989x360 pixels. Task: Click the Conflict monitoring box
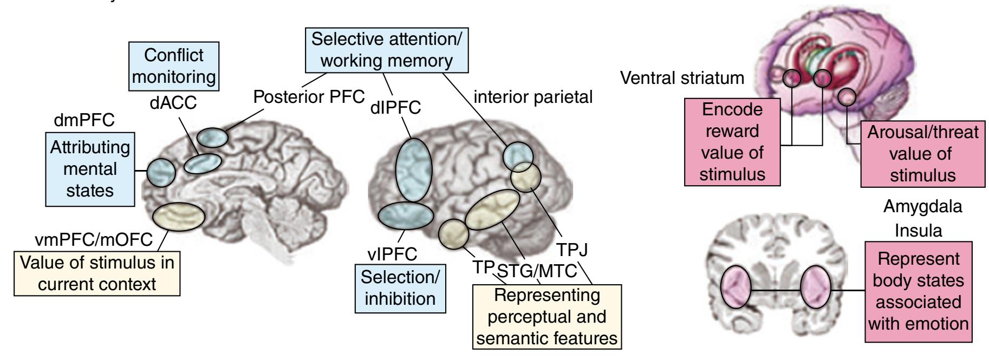tap(174, 66)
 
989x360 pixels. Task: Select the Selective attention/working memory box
tap(390, 50)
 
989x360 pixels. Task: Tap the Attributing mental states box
tap(89, 169)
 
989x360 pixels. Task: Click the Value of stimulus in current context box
tap(97, 273)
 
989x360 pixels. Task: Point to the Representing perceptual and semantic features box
tap(546, 317)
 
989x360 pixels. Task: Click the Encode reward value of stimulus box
tap(732, 142)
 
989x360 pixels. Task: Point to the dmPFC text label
tap(84, 120)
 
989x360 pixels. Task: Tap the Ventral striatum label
tap(682, 78)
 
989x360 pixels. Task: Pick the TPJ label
tap(571, 250)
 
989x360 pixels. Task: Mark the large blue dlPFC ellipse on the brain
tap(414, 169)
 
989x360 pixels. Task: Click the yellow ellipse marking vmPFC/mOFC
tap(179, 217)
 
